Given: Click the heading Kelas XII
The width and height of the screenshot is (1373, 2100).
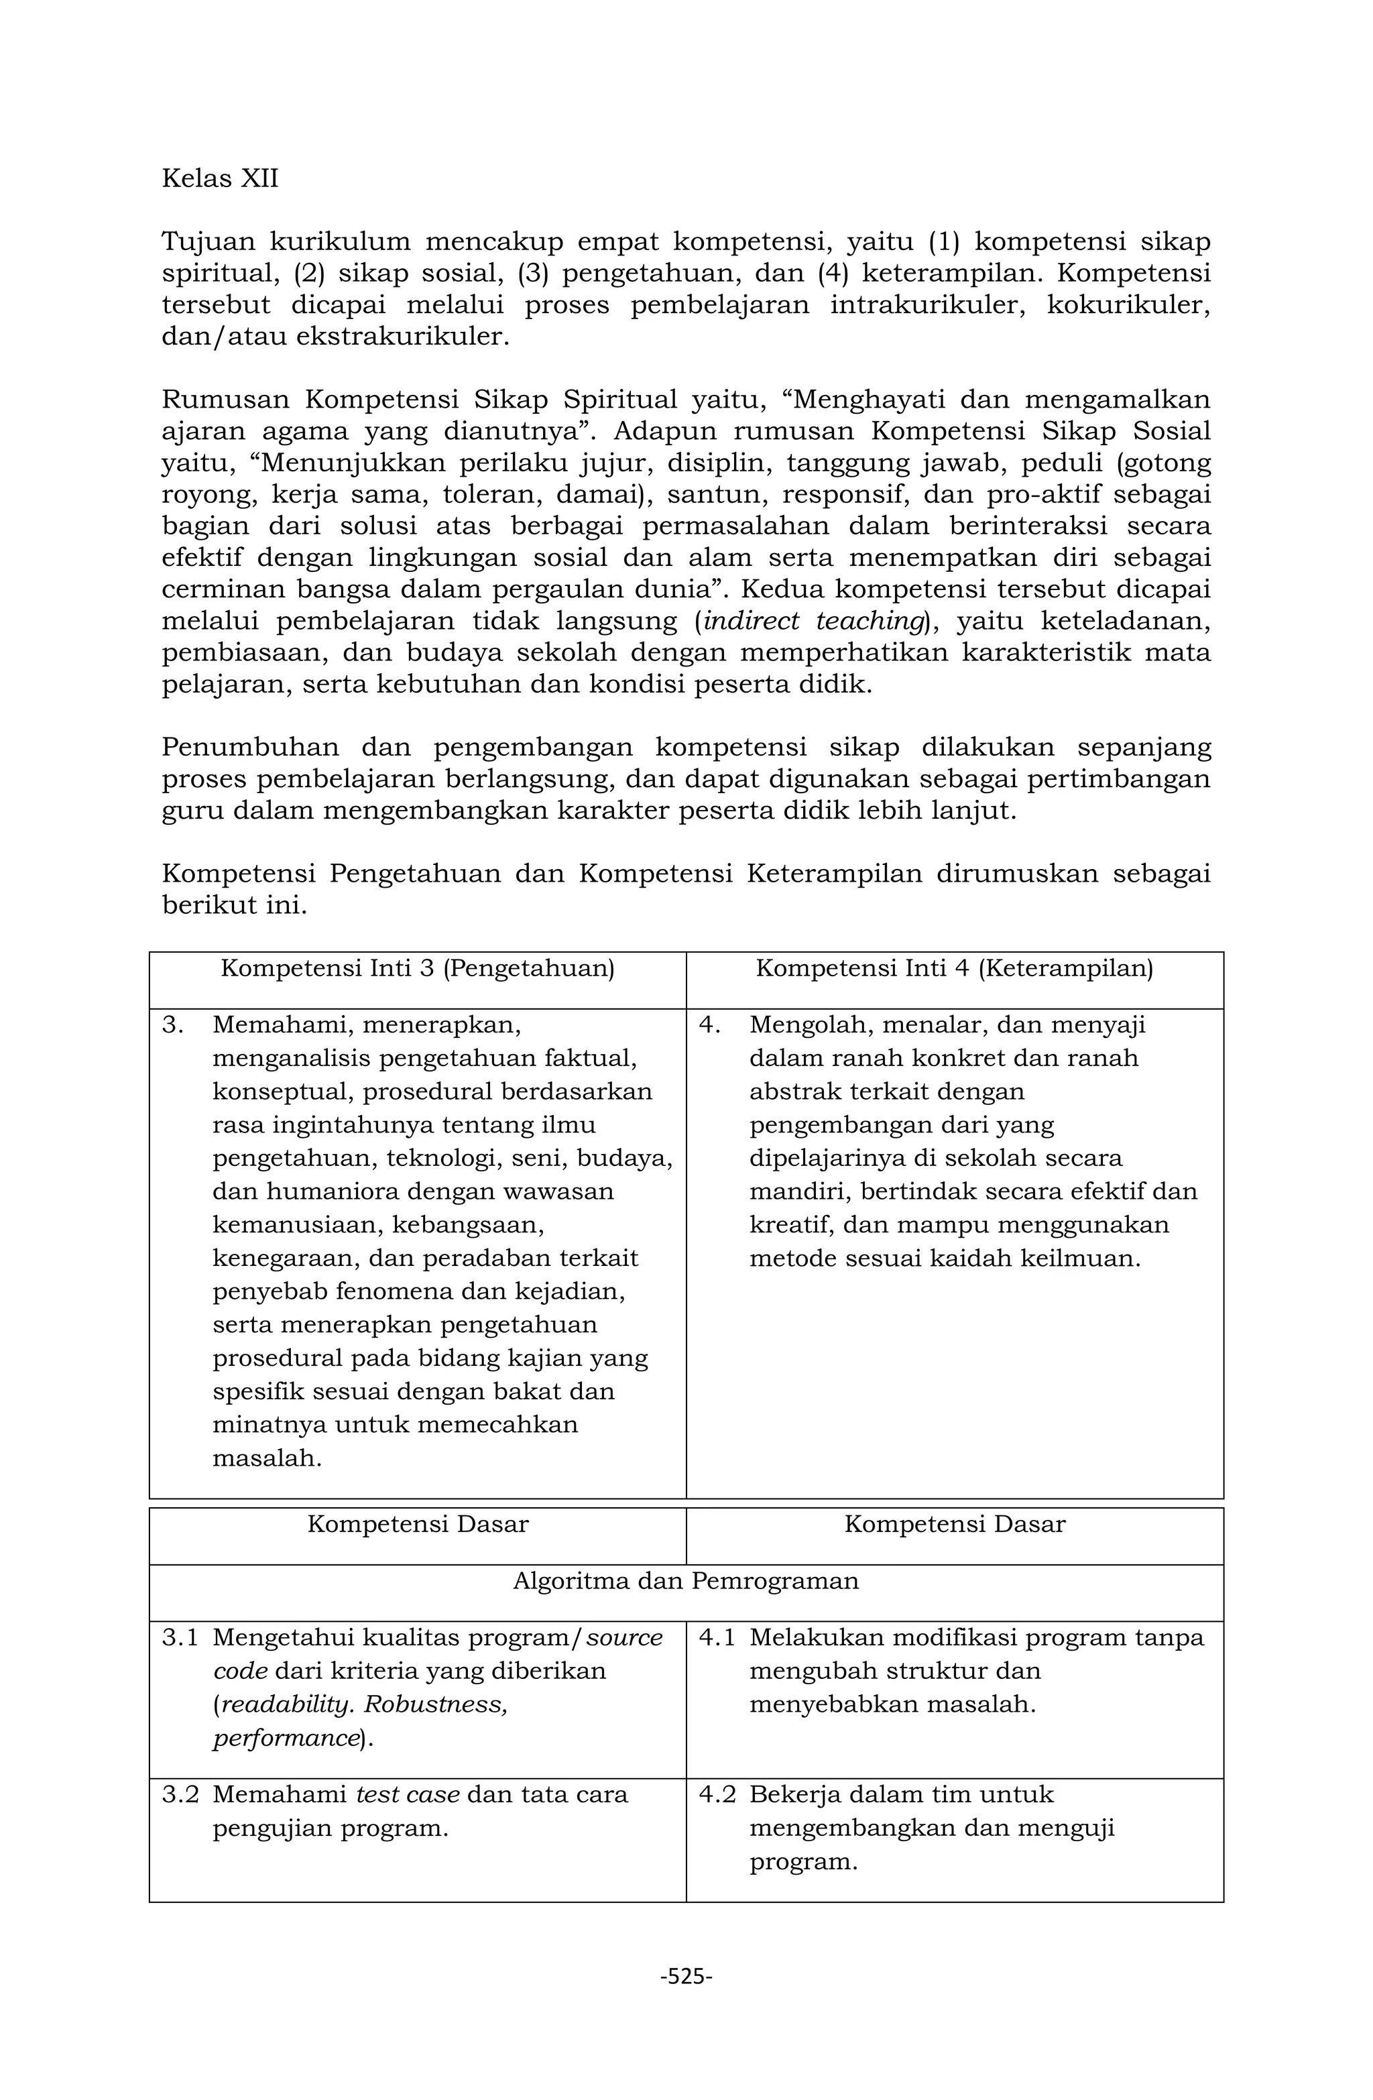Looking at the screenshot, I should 220,179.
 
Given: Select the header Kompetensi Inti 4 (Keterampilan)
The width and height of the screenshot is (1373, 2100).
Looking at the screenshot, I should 954,969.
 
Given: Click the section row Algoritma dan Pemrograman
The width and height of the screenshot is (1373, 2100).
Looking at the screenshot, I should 686,1580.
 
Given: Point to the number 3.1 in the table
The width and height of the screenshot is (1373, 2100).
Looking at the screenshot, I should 180,1637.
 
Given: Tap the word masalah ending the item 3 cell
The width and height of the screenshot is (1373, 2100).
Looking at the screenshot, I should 266,1458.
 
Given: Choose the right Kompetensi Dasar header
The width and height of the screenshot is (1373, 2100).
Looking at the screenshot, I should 954,1524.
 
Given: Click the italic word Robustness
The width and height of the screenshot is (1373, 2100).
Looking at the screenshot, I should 435,1704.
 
